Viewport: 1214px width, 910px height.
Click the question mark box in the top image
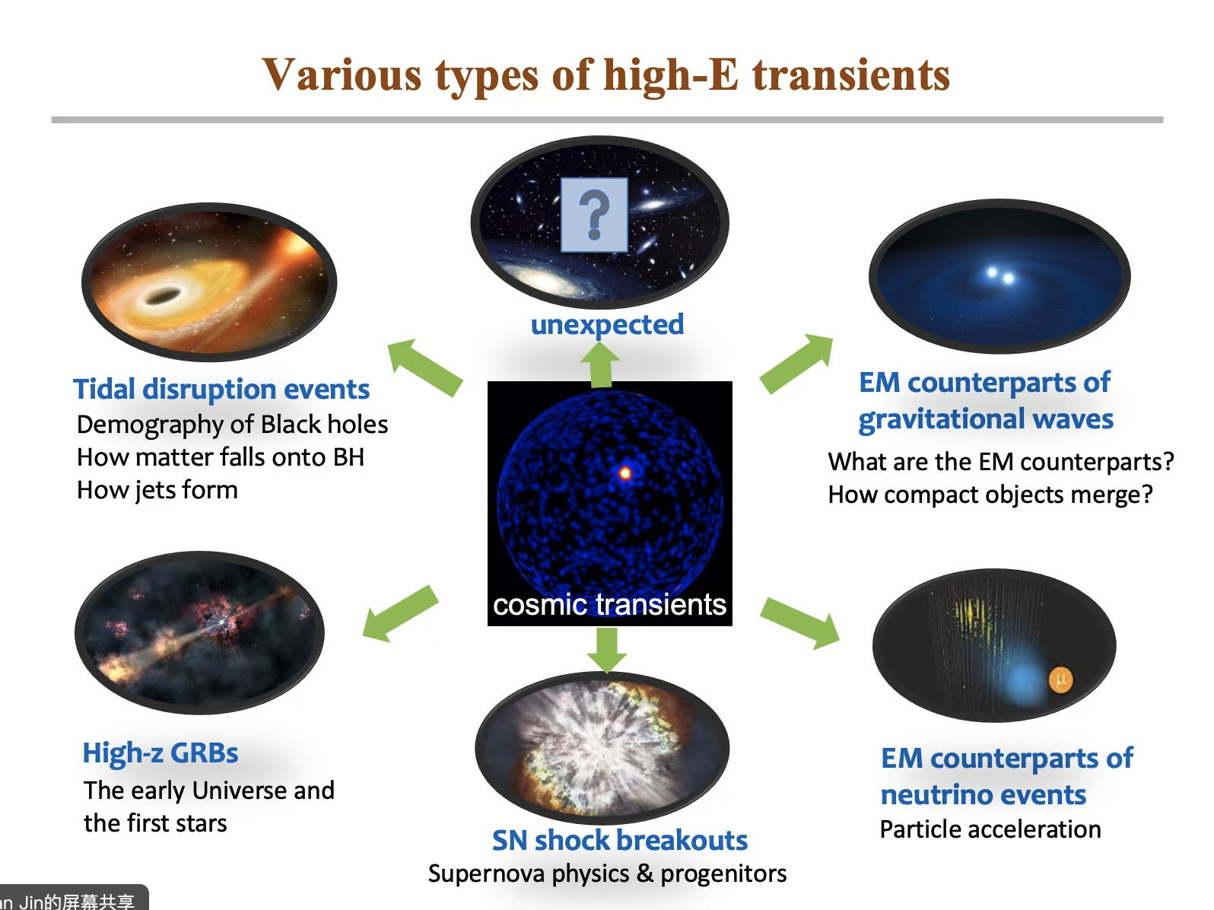coord(594,215)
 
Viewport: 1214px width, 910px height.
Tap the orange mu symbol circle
coord(1061,680)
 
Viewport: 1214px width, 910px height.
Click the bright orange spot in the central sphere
coord(625,473)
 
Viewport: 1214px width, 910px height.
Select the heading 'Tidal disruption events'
coord(221,389)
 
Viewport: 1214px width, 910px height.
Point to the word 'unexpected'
coord(607,324)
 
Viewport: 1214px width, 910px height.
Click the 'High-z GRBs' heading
coord(160,753)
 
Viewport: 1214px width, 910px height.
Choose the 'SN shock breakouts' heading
coord(619,840)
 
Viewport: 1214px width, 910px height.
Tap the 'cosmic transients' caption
coord(609,604)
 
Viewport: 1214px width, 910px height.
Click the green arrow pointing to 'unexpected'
coord(601,364)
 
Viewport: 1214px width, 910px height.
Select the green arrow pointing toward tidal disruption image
coord(424,367)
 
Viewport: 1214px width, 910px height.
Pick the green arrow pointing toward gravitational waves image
coord(796,364)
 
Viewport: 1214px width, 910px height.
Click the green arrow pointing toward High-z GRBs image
coord(400,614)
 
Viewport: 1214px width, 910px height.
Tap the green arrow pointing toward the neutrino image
coord(799,623)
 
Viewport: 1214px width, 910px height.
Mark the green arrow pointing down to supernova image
coord(607,650)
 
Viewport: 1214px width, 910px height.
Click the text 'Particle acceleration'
coord(990,829)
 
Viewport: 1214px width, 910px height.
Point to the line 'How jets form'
coord(157,490)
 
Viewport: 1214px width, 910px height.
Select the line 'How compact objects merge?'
coord(990,495)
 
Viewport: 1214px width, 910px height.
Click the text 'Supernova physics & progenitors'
coord(607,874)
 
